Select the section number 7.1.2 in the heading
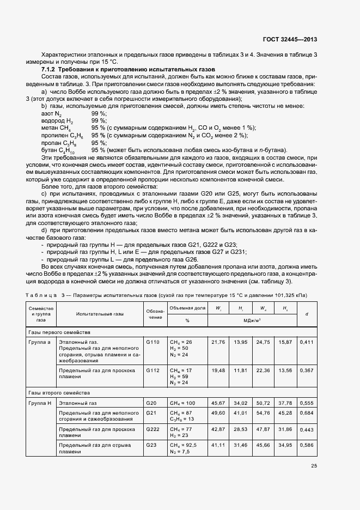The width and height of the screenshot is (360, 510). [51, 70]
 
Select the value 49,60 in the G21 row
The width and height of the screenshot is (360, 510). [218, 413]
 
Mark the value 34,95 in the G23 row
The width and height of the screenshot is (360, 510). [284, 446]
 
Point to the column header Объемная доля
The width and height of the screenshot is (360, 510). [187, 308]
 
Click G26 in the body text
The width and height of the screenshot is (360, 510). [191, 259]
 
